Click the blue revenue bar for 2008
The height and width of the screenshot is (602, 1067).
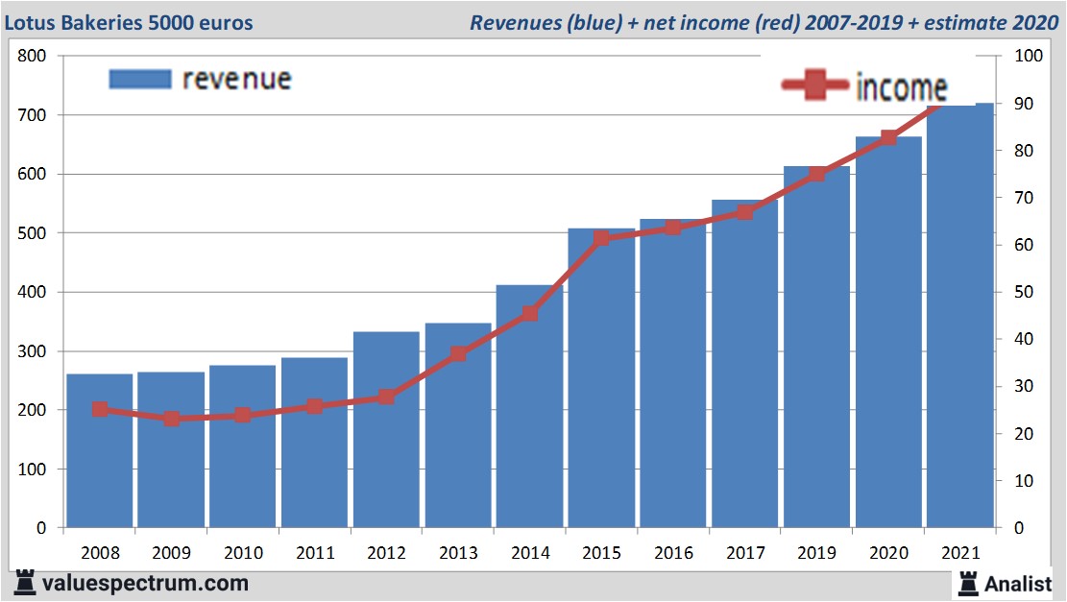click(x=100, y=451)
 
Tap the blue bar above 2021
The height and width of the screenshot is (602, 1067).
click(x=960, y=317)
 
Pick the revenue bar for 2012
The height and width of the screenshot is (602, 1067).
click(x=387, y=432)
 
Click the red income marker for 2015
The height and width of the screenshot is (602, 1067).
click(x=602, y=238)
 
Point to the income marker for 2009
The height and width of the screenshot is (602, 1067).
click(x=172, y=419)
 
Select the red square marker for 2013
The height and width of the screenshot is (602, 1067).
click(x=458, y=353)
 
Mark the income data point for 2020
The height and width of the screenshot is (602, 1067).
click(x=888, y=137)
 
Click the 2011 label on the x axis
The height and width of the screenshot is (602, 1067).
click(x=315, y=553)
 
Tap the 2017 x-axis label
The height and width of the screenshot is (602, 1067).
click(x=745, y=553)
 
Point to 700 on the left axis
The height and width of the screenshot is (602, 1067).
click(x=33, y=115)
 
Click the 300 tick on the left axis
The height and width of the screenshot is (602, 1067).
click(x=33, y=351)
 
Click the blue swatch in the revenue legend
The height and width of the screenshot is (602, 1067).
click(x=140, y=79)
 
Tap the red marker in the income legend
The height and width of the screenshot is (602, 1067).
click(x=815, y=85)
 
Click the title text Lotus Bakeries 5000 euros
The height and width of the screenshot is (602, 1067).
click(x=129, y=22)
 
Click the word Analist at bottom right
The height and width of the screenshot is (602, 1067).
click(x=1018, y=583)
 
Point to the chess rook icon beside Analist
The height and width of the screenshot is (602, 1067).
click(x=967, y=582)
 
